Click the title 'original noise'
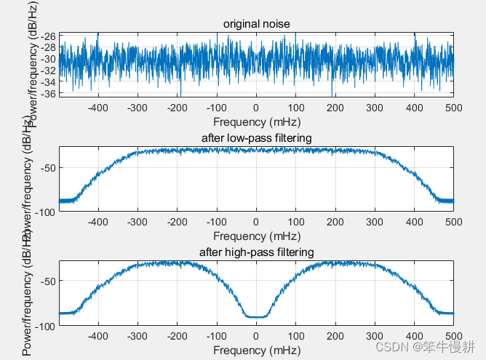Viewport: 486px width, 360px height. point(256,25)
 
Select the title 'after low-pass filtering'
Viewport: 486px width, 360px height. point(256,138)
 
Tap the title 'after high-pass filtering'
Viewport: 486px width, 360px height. point(256,252)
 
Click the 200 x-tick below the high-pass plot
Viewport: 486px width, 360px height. point(335,337)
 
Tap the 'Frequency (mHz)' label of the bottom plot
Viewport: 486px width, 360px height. point(256,350)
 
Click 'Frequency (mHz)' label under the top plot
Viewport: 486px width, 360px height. point(256,121)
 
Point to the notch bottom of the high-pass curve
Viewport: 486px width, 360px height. point(256,316)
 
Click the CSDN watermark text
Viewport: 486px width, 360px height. point(426,345)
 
